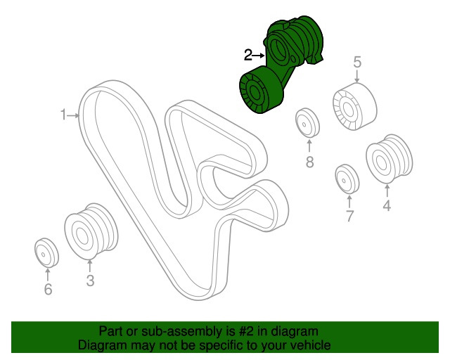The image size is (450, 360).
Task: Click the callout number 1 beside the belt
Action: coord(63,115)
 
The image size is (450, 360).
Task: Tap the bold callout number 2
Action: coord(248,55)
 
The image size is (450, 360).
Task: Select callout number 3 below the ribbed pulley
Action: coord(90,281)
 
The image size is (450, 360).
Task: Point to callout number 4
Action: coord(387,205)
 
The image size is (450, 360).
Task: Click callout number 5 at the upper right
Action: coord(357,62)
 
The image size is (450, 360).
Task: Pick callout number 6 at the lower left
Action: coord(48,289)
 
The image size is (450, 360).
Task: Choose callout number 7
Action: coord(349,216)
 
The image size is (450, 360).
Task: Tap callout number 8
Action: coord(309,162)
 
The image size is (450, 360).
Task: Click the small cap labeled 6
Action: coord(46,252)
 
